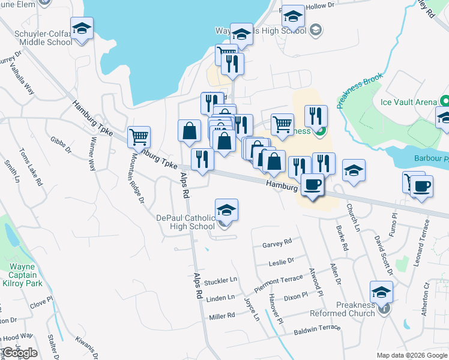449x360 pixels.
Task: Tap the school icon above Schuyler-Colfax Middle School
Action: tap(82, 28)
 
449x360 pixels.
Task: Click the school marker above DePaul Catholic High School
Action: tap(226, 211)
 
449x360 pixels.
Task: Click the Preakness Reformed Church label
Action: tap(343, 309)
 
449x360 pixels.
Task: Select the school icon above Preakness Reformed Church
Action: tap(381, 292)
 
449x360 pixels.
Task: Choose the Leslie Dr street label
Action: tap(282, 261)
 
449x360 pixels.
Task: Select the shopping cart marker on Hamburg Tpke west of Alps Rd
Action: tap(139, 137)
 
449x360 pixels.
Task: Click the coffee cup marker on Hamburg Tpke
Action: tap(312, 184)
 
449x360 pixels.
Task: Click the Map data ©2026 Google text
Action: tap(412, 355)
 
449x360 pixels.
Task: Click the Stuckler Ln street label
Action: tap(220, 281)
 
